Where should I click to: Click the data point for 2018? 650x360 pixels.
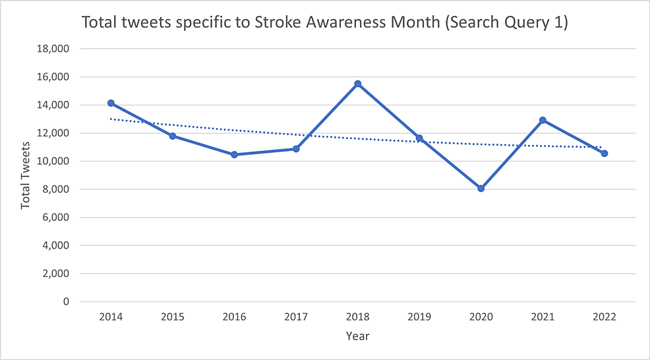pos(357,84)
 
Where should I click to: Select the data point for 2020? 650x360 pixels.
pos(481,189)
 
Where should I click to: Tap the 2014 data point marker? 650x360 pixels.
pos(111,103)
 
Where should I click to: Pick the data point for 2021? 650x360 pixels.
pos(543,120)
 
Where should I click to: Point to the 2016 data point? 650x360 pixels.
pos(234,154)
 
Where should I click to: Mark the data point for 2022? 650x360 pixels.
pos(604,153)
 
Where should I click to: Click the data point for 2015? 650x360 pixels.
pos(173,136)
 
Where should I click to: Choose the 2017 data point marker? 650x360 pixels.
pos(296,149)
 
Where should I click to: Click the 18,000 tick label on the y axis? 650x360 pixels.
pos(53,49)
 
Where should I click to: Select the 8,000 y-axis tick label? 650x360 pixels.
pos(55,189)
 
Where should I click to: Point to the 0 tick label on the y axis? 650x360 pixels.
pos(66,302)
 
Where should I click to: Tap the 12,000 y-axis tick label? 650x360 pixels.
pos(53,133)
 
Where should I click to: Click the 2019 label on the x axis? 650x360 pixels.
pos(419,317)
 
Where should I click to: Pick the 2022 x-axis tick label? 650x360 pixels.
pos(604,317)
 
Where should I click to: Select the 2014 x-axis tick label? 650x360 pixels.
pos(111,317)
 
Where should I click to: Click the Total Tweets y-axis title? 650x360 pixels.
pos(26,174)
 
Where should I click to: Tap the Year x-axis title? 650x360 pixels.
pos(357,336)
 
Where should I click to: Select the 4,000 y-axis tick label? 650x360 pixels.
pos(55,245)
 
